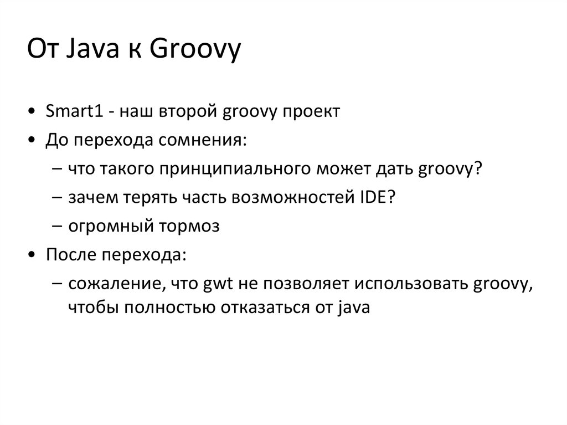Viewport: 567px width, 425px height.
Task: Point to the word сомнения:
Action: [x=202, y=140]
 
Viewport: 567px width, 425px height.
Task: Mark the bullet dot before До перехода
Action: [x=35, y=140]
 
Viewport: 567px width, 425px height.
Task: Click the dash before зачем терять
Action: [x=59, y=198]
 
